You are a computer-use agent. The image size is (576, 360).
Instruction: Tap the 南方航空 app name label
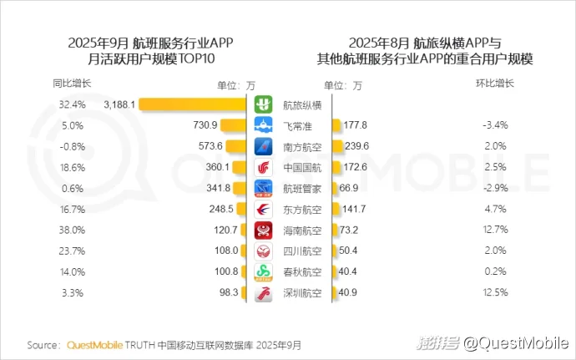302,146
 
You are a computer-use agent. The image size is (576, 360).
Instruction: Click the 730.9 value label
205,125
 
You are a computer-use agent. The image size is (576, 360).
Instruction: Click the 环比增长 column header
495,84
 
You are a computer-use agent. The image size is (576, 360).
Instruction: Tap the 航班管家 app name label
302,188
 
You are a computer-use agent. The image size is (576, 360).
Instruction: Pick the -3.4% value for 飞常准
495,125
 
